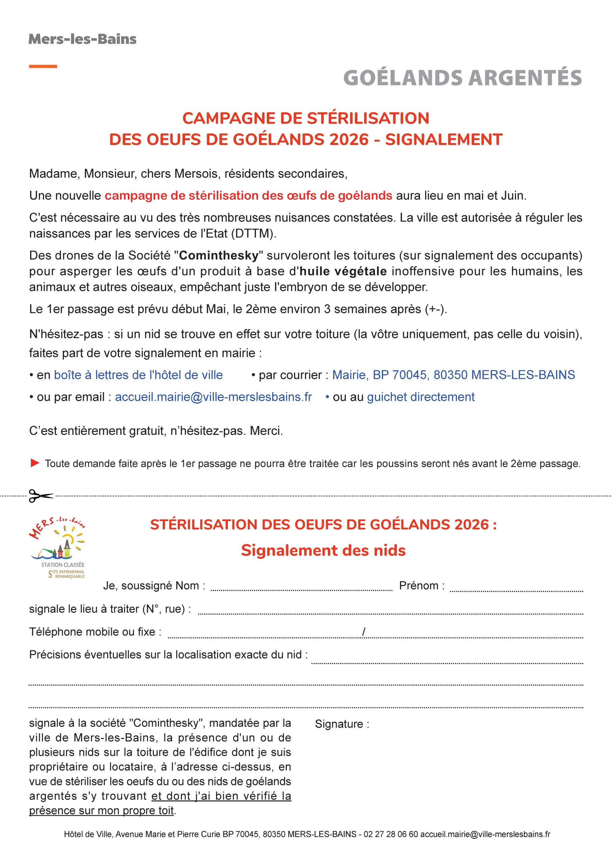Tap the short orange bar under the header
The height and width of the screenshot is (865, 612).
pyautogui.click(x=43, y=66)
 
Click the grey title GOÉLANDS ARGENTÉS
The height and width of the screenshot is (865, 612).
pyautogui.click(x=462, y=78)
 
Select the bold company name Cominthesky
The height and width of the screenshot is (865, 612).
pyautogui.click(x=219, y=255)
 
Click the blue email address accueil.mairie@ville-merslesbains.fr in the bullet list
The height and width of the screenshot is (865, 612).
pyautogui.click(x=213, y=397)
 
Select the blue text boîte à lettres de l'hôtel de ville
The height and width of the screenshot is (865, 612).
pyautogui.click(x=138, y=375)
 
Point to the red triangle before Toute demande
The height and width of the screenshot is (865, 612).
pyautogui.click(x=35, y=463)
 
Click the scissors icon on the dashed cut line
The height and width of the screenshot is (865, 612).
pyautogui.click(x=41, y=495)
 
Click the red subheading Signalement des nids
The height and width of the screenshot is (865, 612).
pyautogui.click(x=323, y=550)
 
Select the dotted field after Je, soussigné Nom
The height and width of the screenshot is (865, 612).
pyautogui.click(x=301, y=590)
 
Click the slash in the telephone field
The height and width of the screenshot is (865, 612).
pyautogui.click(x=363, y=632)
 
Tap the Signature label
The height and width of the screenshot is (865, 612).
pyautogui.click(x=342, y=724)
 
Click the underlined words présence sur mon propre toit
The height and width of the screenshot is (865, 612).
pyautogui.click(x=102, y=810)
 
